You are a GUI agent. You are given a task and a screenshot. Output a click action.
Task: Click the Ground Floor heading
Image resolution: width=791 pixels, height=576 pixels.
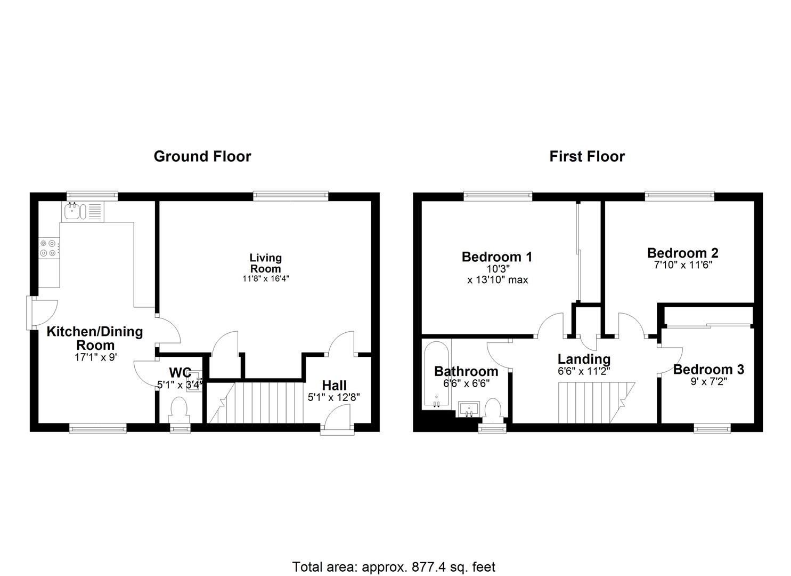(x=202, y=156)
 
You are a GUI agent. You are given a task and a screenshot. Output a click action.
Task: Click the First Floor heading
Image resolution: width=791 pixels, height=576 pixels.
(x=587, y=156)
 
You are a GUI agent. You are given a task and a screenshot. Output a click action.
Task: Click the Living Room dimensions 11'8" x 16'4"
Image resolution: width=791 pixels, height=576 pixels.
(x=266, y=278)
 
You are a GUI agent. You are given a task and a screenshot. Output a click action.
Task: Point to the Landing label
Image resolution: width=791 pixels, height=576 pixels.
(x=584, y=359)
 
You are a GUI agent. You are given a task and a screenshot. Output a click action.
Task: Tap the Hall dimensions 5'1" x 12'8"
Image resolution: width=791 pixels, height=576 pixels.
(x=334, y=397)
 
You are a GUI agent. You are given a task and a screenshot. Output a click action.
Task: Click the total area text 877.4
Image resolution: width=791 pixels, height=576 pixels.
(x=413, y=566)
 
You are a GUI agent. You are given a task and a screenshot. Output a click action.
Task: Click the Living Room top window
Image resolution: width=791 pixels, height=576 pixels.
(x=290, y=196)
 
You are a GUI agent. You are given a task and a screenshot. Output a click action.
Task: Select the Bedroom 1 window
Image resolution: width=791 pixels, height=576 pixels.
(x=498, y=196)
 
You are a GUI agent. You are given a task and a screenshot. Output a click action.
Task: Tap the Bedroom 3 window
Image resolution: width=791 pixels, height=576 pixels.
(x=712, y=427)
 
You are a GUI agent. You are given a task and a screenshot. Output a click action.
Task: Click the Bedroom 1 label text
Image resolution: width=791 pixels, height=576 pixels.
(x=496, y=257)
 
